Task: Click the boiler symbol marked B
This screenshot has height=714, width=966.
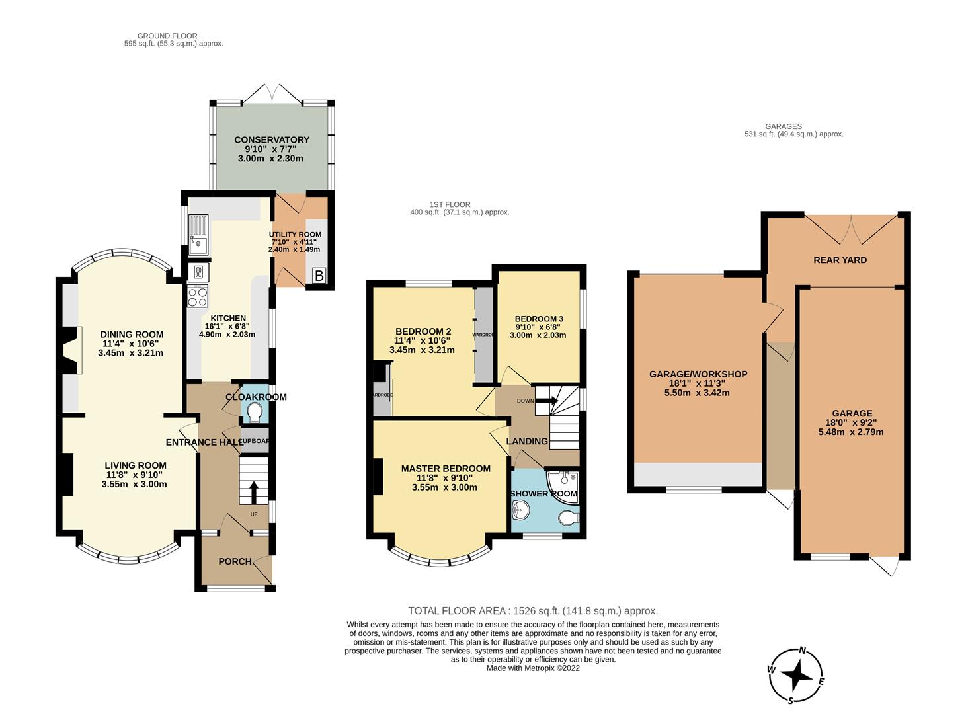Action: [x=319, y=276]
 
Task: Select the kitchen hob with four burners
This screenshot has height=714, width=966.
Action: [x=198, y=297]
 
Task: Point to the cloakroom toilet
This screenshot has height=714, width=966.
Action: [x=253, y=413]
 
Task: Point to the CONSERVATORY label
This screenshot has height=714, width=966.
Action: [x=271, y=139]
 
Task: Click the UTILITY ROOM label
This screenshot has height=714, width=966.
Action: [x=294, y=235]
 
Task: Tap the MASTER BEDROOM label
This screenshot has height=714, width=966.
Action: [x=446, y=469]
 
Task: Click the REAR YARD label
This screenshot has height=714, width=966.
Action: [x=840, y=260]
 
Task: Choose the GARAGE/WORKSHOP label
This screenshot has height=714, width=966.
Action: [x=698, y=374]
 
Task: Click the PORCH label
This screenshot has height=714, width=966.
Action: [x=235, y=561]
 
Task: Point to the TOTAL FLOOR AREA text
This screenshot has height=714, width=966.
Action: [x=533, y=611]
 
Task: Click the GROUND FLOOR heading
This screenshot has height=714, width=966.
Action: [x=167, y=36]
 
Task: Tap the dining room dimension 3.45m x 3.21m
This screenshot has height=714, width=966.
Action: [x=130, y=353]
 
